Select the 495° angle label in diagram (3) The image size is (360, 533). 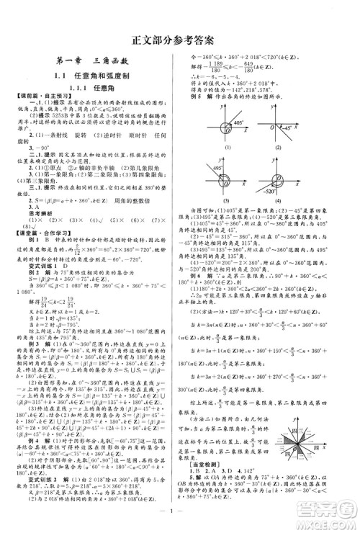216,168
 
